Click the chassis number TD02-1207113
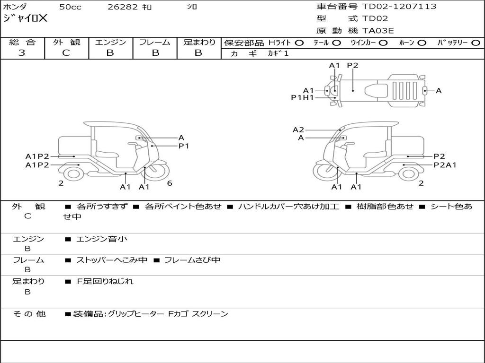(399, 7)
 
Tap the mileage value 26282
(123, 7)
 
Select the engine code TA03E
(378, 31)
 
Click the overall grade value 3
(22, 53)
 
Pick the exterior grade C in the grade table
(66, 53)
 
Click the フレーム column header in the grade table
(154, 42)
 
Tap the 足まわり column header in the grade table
(199, 42)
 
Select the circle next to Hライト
(299, 43)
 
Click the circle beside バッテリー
(476, 43)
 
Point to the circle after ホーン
(422, 43)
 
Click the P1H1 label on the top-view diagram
(302, 98)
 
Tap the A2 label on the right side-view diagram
(298, 130)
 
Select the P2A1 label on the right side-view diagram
(445, 165)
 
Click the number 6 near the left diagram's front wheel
(170, 183)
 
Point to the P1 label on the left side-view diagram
(184, 146)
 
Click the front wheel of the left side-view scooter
(155, 171)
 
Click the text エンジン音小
(102, 239)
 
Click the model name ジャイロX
(26, 18)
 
